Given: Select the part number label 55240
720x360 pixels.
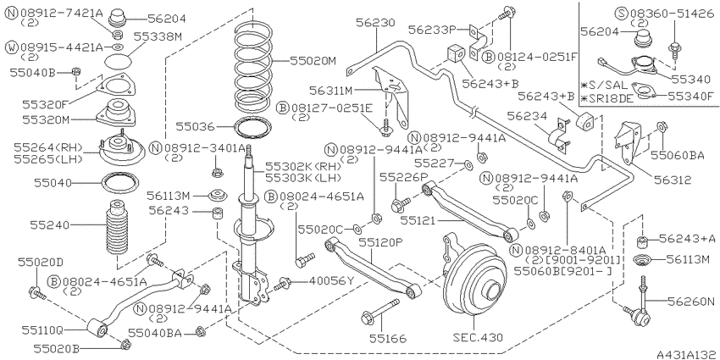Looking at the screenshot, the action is tap(50, 225).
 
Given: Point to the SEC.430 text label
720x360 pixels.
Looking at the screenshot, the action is tap(477, 337).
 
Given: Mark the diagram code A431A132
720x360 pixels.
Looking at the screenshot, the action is tap(687, 354).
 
